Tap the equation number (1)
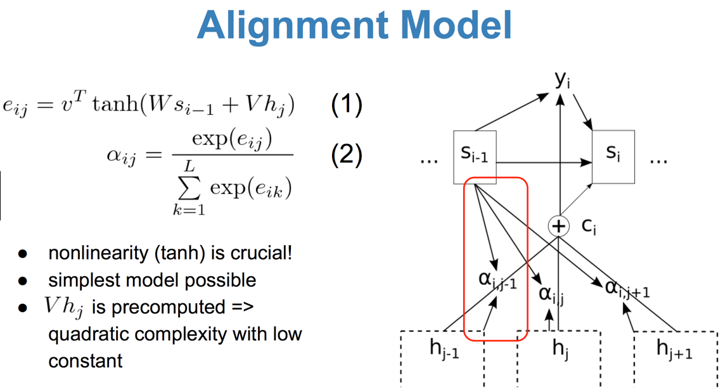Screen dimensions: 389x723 [x=347, y=105]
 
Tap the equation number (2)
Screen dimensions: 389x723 [x=347, y=155]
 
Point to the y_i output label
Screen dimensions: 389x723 [x=561, y=81]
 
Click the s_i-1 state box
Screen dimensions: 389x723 [x=475, y=157]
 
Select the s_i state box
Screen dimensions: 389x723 [x=613, y=156]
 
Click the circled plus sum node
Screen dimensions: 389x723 [x=558, y=226]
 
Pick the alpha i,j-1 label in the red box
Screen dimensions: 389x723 [x=496, y=279]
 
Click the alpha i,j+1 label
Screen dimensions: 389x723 [x=627, y=289]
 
